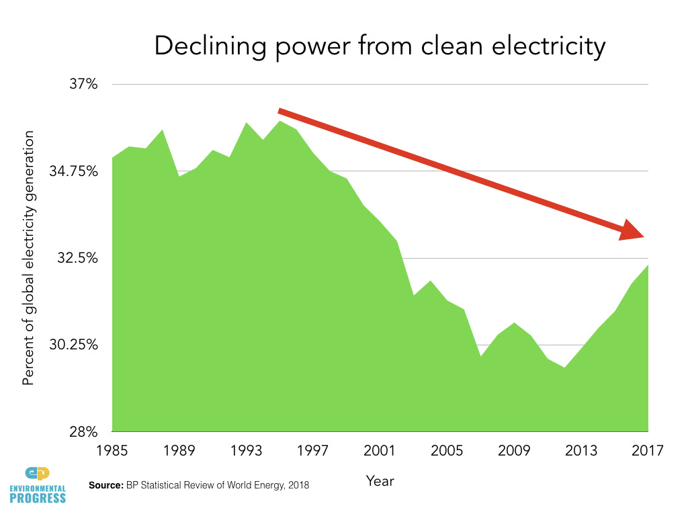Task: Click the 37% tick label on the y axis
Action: click(84, 85)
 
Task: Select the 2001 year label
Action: click(380, 450)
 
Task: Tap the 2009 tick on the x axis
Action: click(514, 450)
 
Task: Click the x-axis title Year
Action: click(380, 480)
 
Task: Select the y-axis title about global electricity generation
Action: click(28, 259)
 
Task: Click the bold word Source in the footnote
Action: click(105, 484)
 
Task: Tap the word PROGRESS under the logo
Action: click(39, 498)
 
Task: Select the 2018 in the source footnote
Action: click(298, 484)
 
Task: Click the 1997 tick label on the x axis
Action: click(313, 450)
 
